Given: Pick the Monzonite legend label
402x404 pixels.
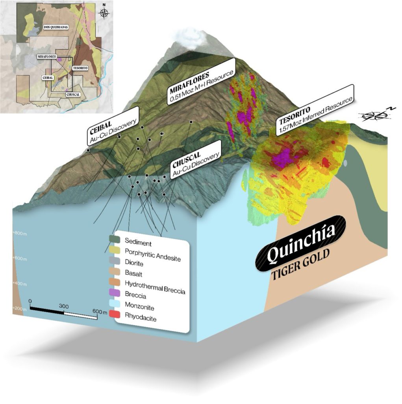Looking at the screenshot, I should click(x=139, y=307).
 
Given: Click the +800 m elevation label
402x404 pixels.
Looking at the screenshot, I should click(x=19, y=233).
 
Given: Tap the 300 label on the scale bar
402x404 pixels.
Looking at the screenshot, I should click(x=64, y=306).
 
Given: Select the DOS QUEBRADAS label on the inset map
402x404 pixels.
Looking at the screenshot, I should click(x=55, y=30).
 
